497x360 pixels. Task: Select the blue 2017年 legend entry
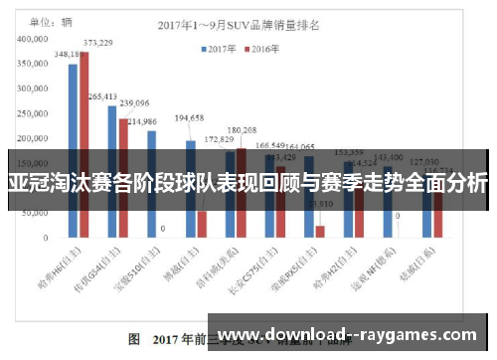point(218,47)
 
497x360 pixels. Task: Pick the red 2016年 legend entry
point(262,47)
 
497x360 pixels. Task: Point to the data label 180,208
point(243,130)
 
